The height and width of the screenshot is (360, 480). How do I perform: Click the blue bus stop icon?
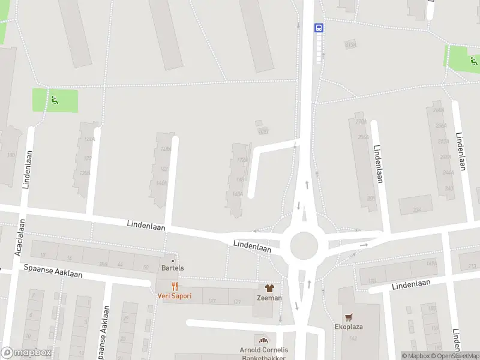point(319,28)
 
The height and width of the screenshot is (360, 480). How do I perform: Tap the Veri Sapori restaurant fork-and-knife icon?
point(175,286)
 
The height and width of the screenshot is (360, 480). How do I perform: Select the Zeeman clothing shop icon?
point(269,288)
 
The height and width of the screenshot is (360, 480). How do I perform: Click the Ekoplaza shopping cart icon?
point(348,317)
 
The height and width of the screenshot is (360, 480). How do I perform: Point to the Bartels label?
point(173,268)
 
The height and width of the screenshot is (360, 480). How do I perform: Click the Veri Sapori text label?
point(175,296)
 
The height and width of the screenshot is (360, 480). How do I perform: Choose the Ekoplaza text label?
point(349,327)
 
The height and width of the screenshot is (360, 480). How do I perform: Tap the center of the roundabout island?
point(303,245)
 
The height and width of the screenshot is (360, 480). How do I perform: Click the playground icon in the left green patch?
point(55,100)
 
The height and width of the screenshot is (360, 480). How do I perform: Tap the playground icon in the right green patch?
point(474,60)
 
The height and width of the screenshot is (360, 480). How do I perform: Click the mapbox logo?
point(26,353)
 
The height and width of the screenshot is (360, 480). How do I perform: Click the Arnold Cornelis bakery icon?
point(261,340)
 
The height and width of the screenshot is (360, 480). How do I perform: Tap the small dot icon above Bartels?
point(173,260)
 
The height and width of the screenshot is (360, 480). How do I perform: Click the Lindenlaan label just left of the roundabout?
point(252,245)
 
